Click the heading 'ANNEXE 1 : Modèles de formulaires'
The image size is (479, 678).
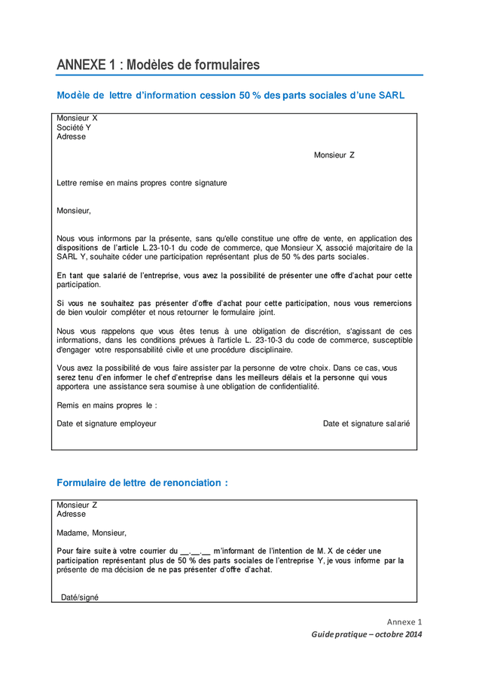[158, 66]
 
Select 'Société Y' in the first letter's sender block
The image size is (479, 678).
[74, 127]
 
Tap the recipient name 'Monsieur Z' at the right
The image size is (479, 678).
[334, 155]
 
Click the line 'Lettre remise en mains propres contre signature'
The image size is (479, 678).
[142, 183]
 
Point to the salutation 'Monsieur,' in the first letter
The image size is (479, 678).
[74, 211]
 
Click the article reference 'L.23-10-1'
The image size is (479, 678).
[160, 247]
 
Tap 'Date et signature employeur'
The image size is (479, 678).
[106, 423]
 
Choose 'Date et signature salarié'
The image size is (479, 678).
[366, 423]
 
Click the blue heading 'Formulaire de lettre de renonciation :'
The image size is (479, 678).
[142, 483]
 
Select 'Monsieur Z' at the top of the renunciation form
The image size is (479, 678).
[77, 505]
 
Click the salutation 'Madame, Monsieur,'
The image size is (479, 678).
[92, 533]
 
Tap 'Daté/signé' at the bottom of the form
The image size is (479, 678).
[80, 597]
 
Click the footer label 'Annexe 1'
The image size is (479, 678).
[404, 621]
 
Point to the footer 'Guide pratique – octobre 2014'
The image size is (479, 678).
[367, 634]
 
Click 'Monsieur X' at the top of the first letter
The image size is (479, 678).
[77, 118]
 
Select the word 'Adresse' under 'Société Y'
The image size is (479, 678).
[72, 136]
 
